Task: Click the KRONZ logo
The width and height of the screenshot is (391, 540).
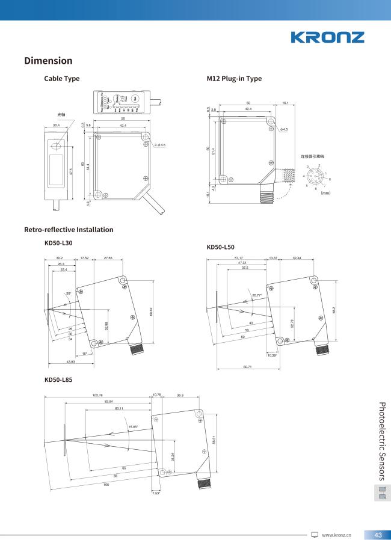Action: [x=327, y=37]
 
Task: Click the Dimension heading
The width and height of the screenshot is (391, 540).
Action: [x=48, y=61]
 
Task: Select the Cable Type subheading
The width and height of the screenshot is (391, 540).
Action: [x=61, y=79]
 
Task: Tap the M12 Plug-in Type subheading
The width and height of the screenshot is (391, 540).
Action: [x=234, y=79]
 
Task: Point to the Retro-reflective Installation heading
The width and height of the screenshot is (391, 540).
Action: [x=69, y=230]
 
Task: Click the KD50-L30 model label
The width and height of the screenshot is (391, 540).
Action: [x=58, y=243]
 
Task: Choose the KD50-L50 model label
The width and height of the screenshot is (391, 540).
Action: [x=220, y=247]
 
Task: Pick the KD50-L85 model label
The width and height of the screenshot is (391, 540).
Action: [x=58, y=380]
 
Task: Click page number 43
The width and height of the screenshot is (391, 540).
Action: [x=378, y=535]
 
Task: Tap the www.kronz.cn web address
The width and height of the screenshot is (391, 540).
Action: [x=336, y=535]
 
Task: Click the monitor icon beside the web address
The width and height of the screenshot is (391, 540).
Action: [x=314, y=535]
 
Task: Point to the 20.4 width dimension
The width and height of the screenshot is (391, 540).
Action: [x=56, y=126]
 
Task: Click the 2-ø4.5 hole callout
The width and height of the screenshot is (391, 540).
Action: [x=159, y=145]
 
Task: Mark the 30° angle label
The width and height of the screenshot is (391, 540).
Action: [x=69, y=293]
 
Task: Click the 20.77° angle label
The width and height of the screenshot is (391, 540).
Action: [x=257, y=295]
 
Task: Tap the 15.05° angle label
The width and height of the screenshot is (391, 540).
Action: [x=133, y=426]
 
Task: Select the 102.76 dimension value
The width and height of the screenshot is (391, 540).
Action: [x=97, y=395]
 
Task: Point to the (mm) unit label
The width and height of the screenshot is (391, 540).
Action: [x=325, y=193]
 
